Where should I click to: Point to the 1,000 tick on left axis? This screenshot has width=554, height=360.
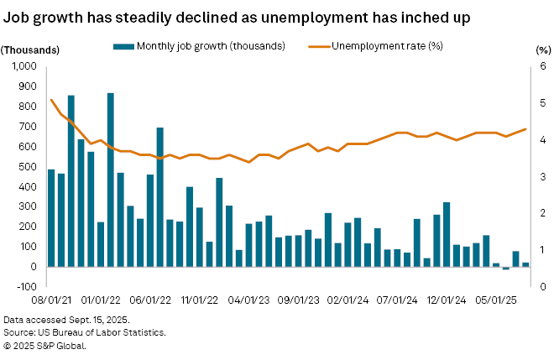[x=26, y=66]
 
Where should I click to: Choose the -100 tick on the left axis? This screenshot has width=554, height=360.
[x=29, y=287]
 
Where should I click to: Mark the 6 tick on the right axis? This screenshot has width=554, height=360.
[x=541, y=66]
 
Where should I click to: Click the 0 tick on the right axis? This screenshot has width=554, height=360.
[x=541, y=287]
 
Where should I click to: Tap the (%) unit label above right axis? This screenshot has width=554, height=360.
[x=541, y=49]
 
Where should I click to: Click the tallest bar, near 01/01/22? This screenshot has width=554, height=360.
[x=111, y=180]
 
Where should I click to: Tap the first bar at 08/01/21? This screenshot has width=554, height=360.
[x=51, y=218]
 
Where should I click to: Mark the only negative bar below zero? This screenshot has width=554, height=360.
[x=506, y=269]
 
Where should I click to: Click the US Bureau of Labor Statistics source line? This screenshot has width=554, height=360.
[x=84, y=333]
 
